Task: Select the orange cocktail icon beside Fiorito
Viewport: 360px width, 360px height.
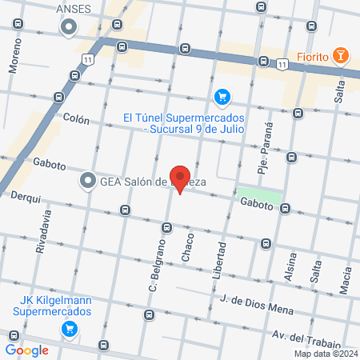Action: pyautogui.click(x=342, y=56)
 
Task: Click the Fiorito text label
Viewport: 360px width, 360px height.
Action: pyautogui.click(x=314, y=56)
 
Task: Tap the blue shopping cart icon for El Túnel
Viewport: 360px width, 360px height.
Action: pyautogui.click(x=222, y=97)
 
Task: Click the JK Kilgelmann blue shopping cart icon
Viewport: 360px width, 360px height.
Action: pyautogui.click(x=70, y=327)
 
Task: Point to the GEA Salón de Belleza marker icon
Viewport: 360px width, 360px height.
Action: pyautogui.click(x=87, y=182)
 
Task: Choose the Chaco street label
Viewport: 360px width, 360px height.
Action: pyautogui.click(x=188, y=247)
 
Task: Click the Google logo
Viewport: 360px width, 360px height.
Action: pyautogui.click(x=26, y=350)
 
